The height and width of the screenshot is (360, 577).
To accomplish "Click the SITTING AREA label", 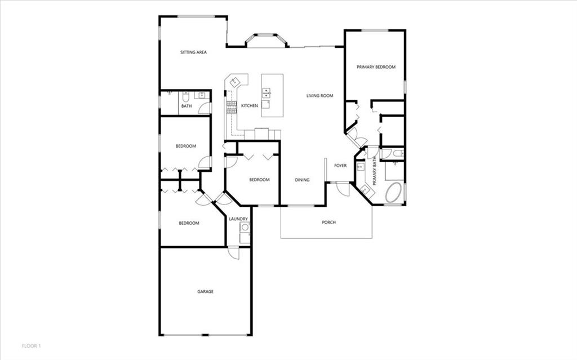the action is (x=193, y=52).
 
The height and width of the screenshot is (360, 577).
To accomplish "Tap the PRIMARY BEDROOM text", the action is (x=376, y=67).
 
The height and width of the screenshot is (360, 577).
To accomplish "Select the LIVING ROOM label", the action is (x=320, y=96).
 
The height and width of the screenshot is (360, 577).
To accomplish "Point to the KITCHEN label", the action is (x=250, y=106).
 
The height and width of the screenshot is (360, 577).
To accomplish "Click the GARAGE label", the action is (x=205, y=291).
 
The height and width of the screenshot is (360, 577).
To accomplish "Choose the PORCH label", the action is (x=329, y=223).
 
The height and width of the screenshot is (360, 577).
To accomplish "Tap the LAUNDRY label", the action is (x=238, y=219).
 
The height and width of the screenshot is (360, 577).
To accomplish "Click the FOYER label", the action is (x=340, y=166).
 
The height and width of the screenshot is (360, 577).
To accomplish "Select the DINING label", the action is (x=302, y=180).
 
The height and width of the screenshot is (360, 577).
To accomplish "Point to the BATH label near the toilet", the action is (x=187, y=106).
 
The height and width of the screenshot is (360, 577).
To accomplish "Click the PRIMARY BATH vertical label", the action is (x=375, y=171).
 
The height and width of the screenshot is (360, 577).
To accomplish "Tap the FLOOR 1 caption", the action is (x=32, y=346).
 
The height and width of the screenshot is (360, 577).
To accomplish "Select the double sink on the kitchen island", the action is (x=267, y=93).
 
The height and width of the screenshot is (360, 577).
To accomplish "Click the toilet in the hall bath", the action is (x=186, y=96).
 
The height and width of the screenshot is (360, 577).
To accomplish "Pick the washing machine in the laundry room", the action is (x=245, y=228).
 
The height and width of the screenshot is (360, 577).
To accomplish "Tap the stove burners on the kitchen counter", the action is (x=230, y=107).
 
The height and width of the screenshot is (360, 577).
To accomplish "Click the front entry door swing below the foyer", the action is (x=343, y=189).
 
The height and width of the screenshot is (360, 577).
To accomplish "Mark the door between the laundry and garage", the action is (x=233, y=252).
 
